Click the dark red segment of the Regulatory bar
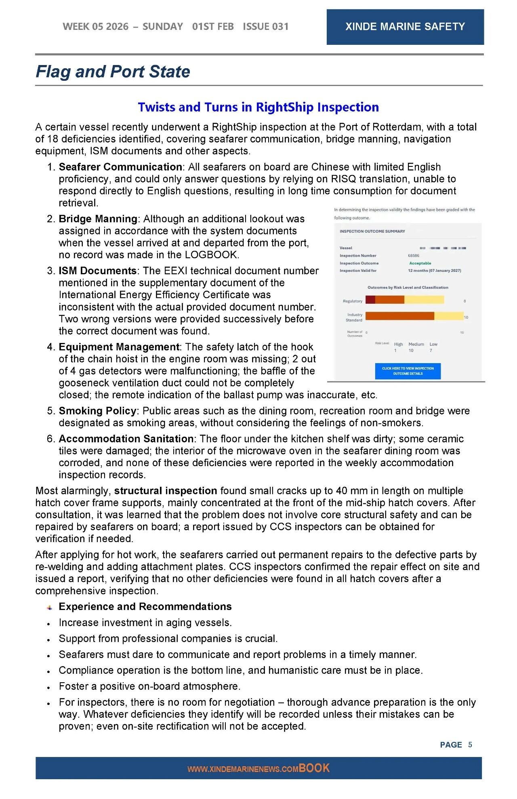click(370, 300)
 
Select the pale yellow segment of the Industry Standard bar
click(448, 316)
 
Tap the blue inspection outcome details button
click(408, 371)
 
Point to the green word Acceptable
click(420, 263)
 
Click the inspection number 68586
click(414, 255)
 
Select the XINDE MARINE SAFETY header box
click(405, 27)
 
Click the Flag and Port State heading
click(113, 71)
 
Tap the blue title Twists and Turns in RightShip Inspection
click(258, 107)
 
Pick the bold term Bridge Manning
click(98, 219)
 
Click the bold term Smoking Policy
click(97, 411)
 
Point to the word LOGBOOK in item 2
click(211, 255)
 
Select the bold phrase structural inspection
click(166, 491)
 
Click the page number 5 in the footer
click(470, 744)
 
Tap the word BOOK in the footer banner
click(314, 768)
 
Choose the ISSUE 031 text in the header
click(266, 27)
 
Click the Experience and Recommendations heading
click(145, 607)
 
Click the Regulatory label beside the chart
click(352, 301)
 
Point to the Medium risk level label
click(416, 344)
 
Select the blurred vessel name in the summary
click(443, 248)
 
